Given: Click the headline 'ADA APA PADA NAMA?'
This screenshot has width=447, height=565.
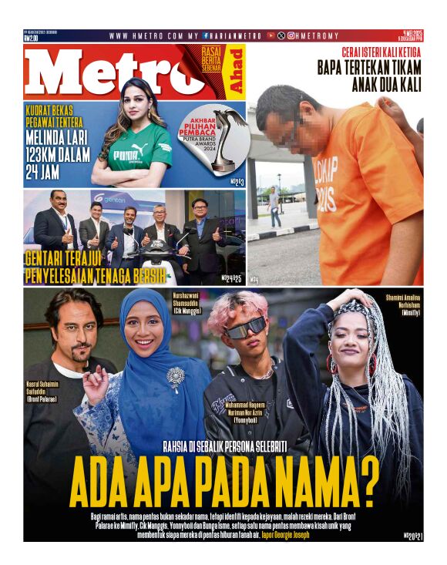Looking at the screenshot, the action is (x=224, y=482).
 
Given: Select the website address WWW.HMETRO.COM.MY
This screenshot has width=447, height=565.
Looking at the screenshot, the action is (x=153, y=35).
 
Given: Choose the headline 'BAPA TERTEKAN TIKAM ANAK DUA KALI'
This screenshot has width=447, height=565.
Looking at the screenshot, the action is (x=370, y=76).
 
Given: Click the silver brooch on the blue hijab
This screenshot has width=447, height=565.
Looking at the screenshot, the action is (x=176, y=378).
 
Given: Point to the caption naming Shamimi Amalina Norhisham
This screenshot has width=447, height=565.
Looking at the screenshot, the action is (x=402, y=303).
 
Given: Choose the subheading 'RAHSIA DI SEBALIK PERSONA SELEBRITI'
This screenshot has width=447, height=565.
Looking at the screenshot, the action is (x=226, y=446).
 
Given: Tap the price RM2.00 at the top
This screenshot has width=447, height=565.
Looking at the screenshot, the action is (x=32, y=37).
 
